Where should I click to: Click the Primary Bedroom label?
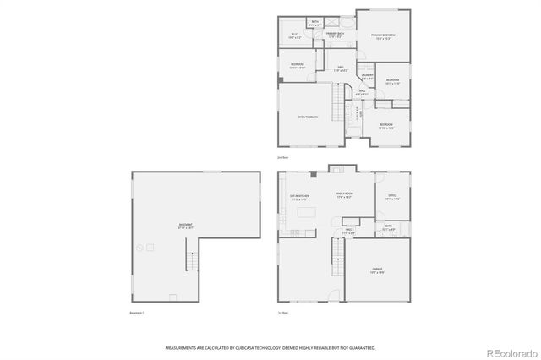382,35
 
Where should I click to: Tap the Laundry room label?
367,76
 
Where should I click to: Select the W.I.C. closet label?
295,35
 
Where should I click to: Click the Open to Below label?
307,117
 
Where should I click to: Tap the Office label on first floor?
392,196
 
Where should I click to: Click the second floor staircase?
336,106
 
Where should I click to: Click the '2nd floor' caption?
283,157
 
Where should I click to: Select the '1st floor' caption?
283,313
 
